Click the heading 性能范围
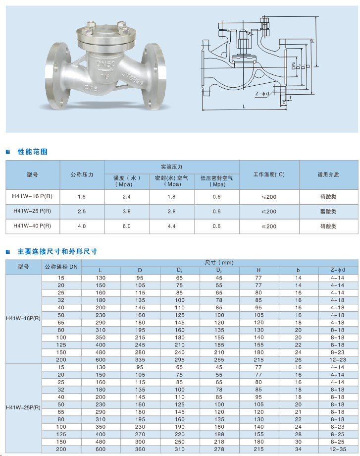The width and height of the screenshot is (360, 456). click(33, 152)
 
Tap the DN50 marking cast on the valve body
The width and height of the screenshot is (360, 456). click(105, 64)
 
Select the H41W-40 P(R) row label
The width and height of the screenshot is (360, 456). click(32, 226)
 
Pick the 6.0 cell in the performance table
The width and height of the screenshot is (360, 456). click(127, 226)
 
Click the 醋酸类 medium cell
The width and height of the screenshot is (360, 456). click(328, 212)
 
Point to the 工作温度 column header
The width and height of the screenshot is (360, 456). click(269, 174)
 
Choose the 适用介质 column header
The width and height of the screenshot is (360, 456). click(328, 174)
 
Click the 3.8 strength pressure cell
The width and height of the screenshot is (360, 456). click(127, 212)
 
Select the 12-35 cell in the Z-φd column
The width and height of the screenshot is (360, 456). click(337, 449)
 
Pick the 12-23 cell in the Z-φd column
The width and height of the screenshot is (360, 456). click(337, 359)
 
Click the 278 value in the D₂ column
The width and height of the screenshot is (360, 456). click(219, 449)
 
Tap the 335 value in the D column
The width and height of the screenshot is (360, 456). click(140, 359)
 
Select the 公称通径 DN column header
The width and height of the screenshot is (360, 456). click(61, 266)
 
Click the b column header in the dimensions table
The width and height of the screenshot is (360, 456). click(298, 270)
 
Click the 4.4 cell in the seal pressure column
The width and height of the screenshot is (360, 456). click(172, 226)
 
